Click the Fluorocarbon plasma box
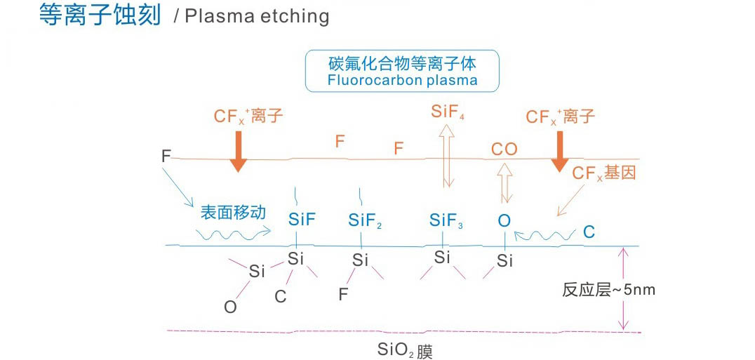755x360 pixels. tap(401, 71)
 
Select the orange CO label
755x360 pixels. tap(504, 149)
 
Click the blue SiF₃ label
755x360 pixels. tap(446, 221)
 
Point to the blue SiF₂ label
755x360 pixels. tap(365, 221)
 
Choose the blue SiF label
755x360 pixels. tap(302, 220)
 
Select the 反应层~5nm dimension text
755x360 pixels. tap(608, 289)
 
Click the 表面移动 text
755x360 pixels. tap(233, 212)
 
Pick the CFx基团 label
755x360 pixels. tap(604, 173)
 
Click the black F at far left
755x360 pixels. tap(166, 155)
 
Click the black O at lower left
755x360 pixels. tap(229, 307)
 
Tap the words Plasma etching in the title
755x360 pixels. tap(257, 17)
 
